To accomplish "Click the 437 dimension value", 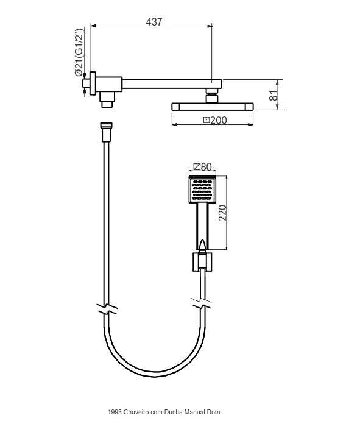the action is pyautogui.click(x=154, y=22).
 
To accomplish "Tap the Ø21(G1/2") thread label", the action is pyautogui.click(x=79, y=52).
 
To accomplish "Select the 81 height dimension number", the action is pyautogui.click(x=274, y=95).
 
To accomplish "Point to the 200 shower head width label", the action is pyautogui.click(x=215, y=121).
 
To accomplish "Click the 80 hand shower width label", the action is pyautogui.click(x=202, y=167).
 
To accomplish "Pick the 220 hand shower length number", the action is pyautogui.click(x=222, y=213).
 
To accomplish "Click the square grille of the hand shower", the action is pyautogui.click(x=202, y=190).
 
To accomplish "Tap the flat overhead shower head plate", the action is pyautogui.click(x=213, y=107).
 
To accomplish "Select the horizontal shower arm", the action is pyautogui.click(x=172, y=83).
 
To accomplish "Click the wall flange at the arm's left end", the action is pyautogui.click(x=93, y=83).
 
